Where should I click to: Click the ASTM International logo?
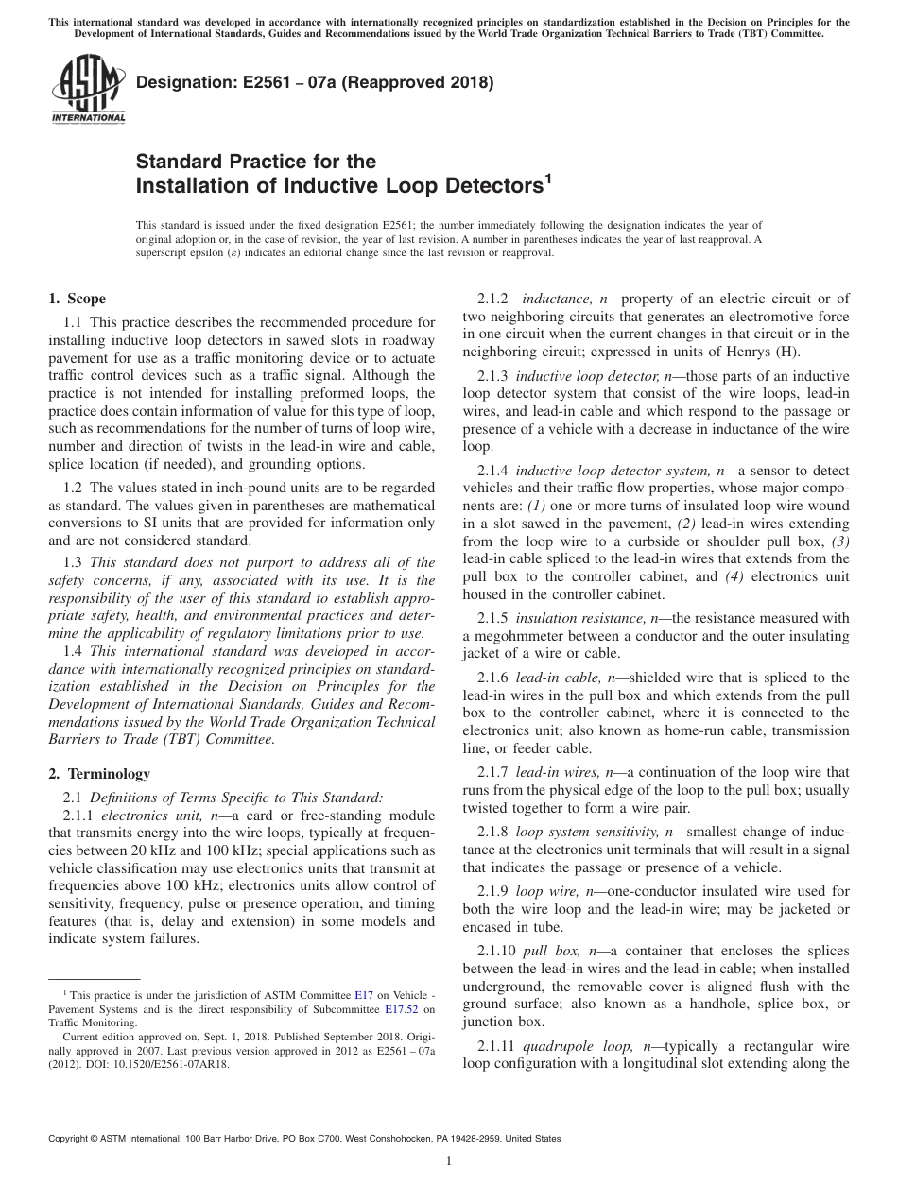[87, 90]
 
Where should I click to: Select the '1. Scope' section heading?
[77, 300]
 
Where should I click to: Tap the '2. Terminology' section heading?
[99, 774]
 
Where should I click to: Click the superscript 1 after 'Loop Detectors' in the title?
[545, 178]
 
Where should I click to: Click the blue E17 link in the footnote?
[363, 995]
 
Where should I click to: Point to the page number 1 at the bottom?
[448, 1161]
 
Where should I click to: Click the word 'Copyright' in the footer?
[72, 1139]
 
